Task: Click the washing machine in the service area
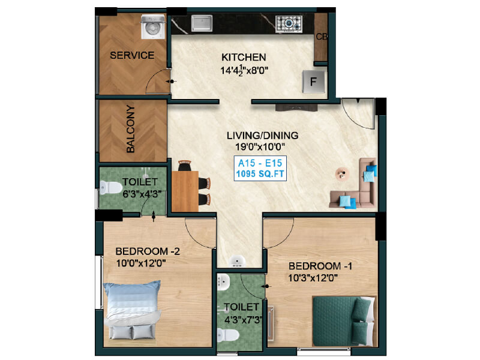pos(153,27)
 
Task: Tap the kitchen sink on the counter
pos(202,23)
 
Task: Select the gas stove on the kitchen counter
pos(289,24)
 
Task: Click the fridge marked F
pos(313,82)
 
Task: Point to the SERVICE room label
pos(132,55)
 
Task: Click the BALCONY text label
pos(131,128)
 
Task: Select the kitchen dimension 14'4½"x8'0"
pos(244,70)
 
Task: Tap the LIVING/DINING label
pos(262,136)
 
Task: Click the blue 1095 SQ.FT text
pos(260,174)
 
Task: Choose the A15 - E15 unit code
pos(260,163)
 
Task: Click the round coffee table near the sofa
pos(342,174)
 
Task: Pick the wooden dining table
pos(185,191)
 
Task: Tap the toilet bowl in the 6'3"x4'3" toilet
pos(111,187)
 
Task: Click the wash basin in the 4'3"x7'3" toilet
pos(223,282)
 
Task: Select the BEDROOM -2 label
pos(148,251)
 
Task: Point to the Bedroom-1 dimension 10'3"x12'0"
pos(313,278)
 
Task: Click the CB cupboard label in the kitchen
pos(322,37)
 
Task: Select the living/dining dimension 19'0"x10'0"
pos(260,147)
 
